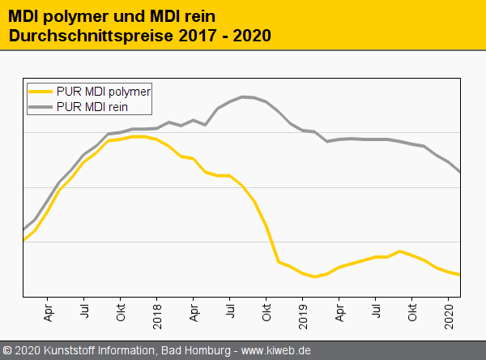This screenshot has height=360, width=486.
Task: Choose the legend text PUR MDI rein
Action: pyautogui.click(x=92, y=106)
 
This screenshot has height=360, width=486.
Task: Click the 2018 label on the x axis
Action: pyautogui.click(x=157, y=315)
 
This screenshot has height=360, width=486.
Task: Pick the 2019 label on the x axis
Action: pyautogui.click(x=303, y=315)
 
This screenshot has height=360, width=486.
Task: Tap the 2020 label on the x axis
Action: pyautogui.click(x=449, y=315)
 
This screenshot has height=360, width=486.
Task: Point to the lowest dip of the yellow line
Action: pyautogui.click(x=315, y=276)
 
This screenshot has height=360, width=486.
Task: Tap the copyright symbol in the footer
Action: pyautogui.click(x=7, y=351)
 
